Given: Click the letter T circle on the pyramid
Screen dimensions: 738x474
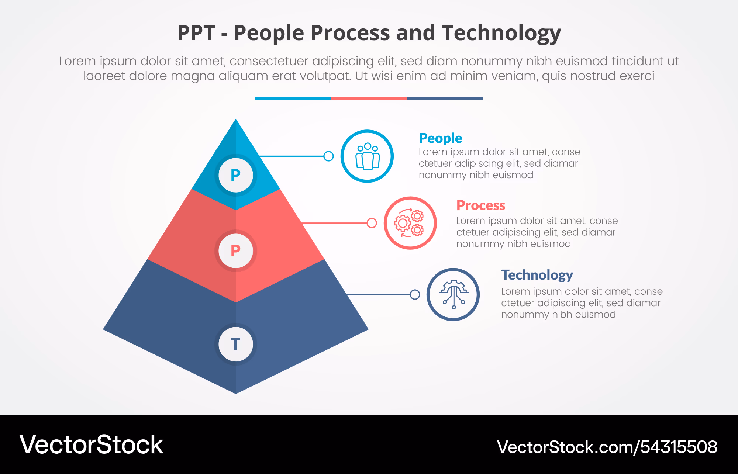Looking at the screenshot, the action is (x=235, y=344).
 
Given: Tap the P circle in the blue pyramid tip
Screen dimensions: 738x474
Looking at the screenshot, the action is (x=235, y=175).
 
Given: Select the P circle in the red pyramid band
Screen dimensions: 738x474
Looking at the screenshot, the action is (x=235, y=251).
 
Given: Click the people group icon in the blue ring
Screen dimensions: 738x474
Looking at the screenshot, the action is (x=368, y=156).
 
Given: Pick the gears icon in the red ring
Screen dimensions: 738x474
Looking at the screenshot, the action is (x=409, y=223).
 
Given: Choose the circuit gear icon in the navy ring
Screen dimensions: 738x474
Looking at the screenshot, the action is (x=454, y=294).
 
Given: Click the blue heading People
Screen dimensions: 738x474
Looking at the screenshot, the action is (x=440, y=138).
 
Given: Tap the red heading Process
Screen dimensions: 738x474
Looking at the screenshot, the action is (x=481, y=205).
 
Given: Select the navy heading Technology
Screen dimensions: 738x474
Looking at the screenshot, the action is (x=537, y=275).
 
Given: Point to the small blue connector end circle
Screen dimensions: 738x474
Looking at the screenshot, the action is (x=328, y=156).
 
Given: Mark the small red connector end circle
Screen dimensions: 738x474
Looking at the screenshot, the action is (x=372, y=223).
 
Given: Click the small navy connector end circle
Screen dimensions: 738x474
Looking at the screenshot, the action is (x=415, y=294).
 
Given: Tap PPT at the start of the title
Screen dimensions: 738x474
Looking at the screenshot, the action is (x=196, y=33).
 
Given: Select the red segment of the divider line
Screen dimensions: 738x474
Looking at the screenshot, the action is (x=369, y=98).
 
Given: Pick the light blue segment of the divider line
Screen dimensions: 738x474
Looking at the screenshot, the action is (x=293, y=98).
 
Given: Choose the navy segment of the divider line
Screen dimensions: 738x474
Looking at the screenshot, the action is (x=445, y=98).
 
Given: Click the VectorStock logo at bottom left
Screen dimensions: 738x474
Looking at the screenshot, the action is (x=91, y=444).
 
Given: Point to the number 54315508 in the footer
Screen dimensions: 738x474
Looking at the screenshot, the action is (x=679, y=447).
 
